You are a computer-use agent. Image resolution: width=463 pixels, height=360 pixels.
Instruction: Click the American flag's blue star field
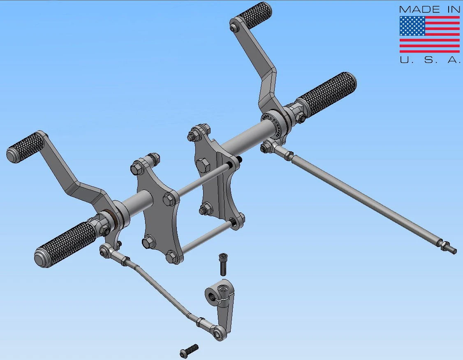click(x=412, y=26)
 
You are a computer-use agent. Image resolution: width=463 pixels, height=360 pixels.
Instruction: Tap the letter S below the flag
click(x=428, y=60)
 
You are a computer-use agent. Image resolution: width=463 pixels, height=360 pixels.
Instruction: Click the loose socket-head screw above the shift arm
click(x=223, y=264)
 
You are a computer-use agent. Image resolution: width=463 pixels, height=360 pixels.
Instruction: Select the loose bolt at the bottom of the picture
click(x=189, y=351)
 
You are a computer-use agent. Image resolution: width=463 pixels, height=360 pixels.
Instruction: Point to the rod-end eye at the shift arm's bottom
click(x=219, y=333)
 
